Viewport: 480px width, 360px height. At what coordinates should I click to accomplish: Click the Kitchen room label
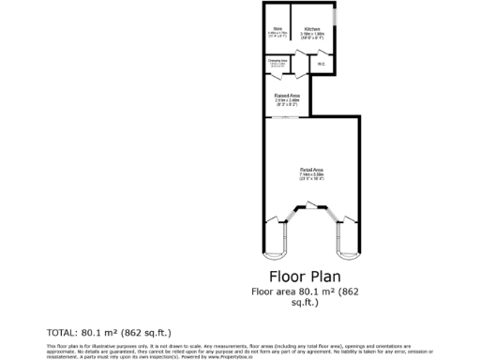312,29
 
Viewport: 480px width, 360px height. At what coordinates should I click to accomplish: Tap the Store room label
277,29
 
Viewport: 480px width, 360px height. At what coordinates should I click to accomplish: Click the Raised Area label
287,94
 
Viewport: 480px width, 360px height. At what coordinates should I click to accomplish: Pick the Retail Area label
311,169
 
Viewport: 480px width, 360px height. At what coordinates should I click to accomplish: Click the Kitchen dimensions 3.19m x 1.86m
312,34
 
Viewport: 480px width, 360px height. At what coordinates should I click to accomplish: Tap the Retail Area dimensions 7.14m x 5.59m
311,174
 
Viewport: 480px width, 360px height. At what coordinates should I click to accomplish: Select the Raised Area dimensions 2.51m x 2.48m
287,99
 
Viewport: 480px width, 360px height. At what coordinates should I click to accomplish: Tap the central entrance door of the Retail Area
311,217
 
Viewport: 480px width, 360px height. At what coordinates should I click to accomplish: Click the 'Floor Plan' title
305,277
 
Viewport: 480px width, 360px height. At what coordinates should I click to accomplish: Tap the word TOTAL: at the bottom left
63,332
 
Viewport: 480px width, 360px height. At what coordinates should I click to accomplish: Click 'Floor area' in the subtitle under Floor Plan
273,292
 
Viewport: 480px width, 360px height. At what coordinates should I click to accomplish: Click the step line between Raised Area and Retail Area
287,116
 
